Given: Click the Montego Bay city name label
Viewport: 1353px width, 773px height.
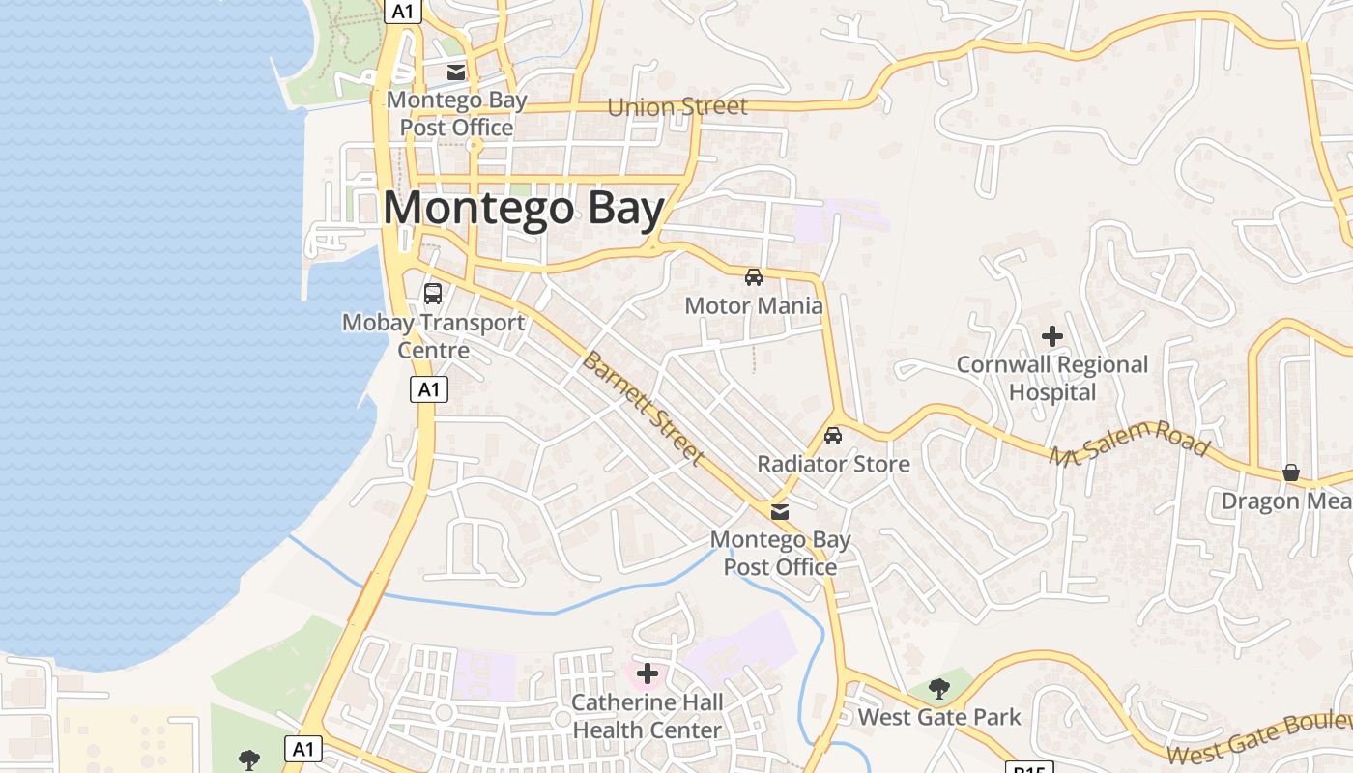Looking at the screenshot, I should coord(525,209).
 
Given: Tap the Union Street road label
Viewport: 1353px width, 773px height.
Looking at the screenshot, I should coord(677,106).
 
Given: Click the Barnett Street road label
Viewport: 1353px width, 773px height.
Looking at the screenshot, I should coord(643,409).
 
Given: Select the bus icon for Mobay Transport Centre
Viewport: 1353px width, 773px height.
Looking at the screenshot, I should coord(433,293).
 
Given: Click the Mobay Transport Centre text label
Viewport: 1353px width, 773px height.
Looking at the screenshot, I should coord(434,335).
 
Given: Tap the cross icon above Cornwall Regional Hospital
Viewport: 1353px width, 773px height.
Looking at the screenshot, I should coord(1052,336).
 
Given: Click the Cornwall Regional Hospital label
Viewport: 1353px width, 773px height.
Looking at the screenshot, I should coord(1052,378).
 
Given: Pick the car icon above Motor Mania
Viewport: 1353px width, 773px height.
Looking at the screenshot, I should coord(754,277).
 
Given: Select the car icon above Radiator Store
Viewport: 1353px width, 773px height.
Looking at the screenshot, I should coord(833,436).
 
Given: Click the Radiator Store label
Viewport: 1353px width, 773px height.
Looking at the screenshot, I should coord(833,464).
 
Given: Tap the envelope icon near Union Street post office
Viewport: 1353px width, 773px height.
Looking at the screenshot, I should coord(456,72).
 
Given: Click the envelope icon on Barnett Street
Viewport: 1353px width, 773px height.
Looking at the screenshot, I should coord(780,511).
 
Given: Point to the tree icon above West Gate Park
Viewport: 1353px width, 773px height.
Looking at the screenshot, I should coord(938,688).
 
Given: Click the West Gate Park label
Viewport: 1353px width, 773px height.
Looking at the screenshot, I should coord(939,717).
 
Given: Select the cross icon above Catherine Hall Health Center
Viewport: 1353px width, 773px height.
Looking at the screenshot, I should coord(648,673).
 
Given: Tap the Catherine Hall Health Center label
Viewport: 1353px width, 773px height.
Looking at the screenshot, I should coord(647,716).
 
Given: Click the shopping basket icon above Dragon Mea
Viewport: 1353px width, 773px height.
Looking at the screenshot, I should coord(1291,472).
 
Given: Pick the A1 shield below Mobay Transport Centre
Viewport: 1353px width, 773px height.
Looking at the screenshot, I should coord(429,389).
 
